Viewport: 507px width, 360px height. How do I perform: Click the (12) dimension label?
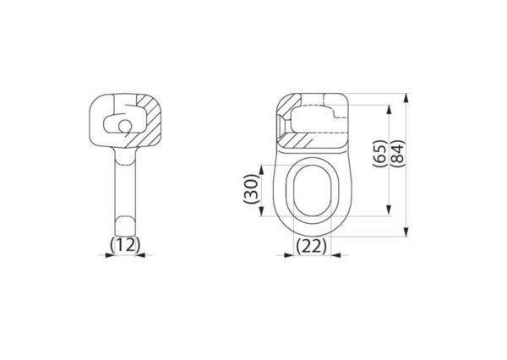point(125,245)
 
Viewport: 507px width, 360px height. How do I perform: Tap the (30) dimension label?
point(252,188)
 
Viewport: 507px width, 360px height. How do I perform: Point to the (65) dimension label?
point(380,153)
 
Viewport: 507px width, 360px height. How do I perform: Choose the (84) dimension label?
point(397,153)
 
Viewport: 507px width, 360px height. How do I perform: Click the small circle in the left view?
point(124,126)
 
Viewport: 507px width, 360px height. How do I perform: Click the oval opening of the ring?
point(312,190)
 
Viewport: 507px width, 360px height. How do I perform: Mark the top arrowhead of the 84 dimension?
point(406,98)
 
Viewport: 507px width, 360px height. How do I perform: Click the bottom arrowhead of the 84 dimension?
point(406,232)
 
